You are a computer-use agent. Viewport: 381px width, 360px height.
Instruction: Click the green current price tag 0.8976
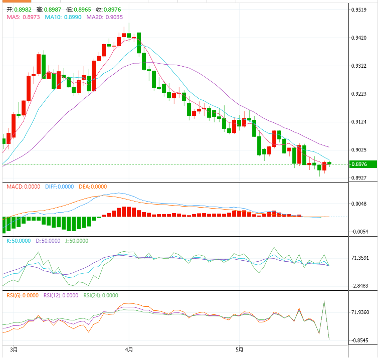click(x=362, y=164)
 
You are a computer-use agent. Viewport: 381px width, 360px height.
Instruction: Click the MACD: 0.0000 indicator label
click(x=23, y=187)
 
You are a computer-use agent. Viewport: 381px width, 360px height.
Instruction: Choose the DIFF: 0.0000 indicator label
click(x=59, y=187)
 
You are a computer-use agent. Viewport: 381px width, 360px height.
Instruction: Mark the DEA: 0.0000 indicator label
click(x=93, y=187)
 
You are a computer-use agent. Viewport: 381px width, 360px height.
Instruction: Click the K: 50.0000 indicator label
click(x=18, y=241)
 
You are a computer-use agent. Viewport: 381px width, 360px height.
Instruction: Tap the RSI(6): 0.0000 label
click(x=22, y=295)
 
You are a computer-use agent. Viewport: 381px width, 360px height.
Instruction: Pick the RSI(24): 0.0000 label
click(x=101, y=295)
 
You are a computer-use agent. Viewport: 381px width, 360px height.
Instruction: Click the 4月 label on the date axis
click(x=129, y=349)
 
